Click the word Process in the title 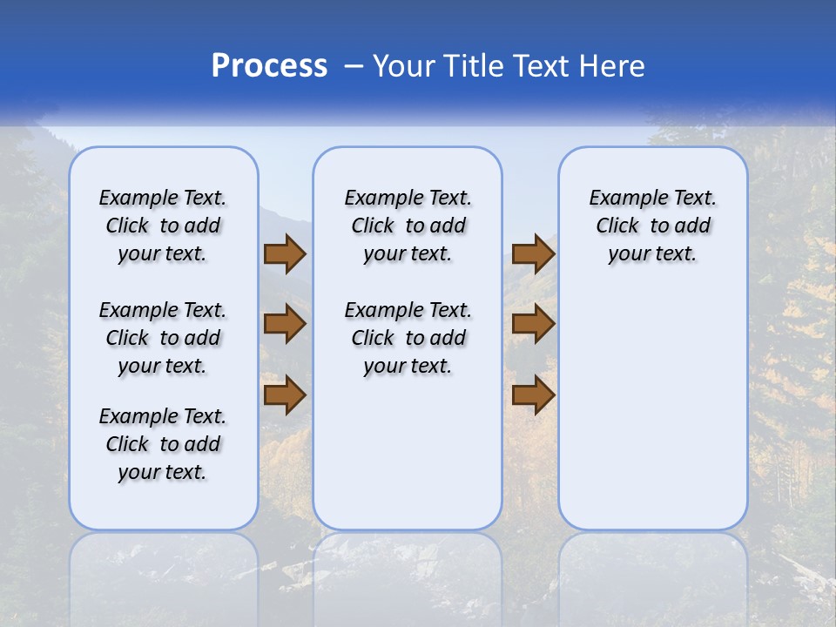point(269,66)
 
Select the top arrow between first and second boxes point(284,253)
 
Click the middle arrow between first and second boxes point(284,324)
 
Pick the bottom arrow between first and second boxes point(284,395)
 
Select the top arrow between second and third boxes point(533,253)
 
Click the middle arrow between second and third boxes point(533,324)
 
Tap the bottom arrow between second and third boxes point(533,395)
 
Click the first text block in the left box point(163,226)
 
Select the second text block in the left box point(163,338)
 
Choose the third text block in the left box point(163,444)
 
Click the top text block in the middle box point(408,226)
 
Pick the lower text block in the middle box point(408,338)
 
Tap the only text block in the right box point(652,226)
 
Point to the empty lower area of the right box point(652,409)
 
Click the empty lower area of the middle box point(408,453)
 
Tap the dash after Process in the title point(354,66)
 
